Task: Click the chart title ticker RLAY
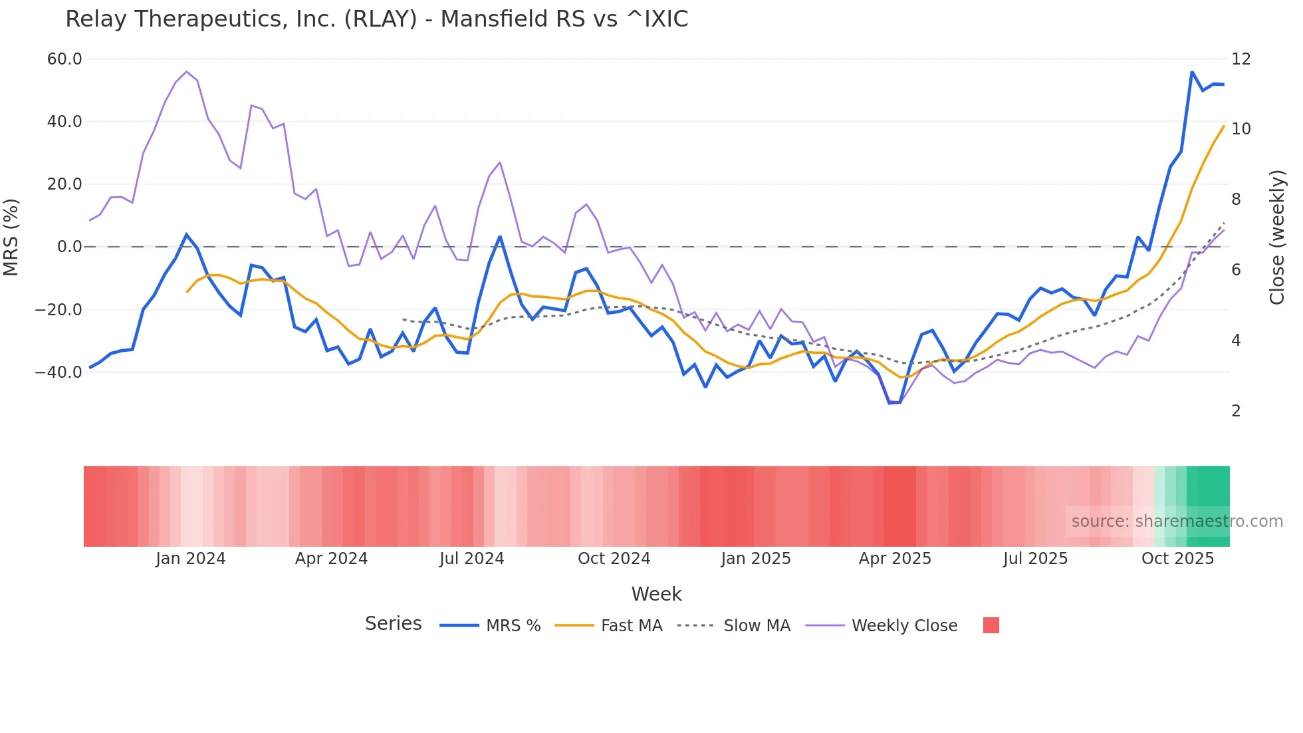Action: pyautogui.click(x=380, y=19)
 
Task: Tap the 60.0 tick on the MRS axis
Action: pyautogui.click(x=64, y=59)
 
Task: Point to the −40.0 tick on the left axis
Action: pyautogui.click(x=59, y=372)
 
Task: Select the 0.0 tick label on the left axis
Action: pyautogui.click(x=70, y=247)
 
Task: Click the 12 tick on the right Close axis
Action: pyautogui.click(x=1241, y=59)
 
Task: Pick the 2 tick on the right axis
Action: pyautogui.click(x=1236, y=411)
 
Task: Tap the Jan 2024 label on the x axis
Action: pyautogui.click(x=191, y=559)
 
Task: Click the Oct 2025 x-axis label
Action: pyautogui.click(x=1177, y=559)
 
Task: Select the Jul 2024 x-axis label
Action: pyautogui.click(x=471, y=559)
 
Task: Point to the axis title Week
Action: pyautogui.click(x=656, y=594)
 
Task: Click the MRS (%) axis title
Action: pyautogui.click(x=11, y=237)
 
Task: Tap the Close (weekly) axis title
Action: pyautogui.click(x=1277, y=237)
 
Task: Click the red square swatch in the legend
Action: pyautogui.click(x=991, y=625)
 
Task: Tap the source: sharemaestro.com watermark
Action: pyautogui.click(x=1177, y=521)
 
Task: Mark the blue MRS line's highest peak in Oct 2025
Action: pyautogui.click(x=1192, y=72)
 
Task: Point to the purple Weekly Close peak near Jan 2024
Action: pyautogui.click(x=186, y=71)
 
